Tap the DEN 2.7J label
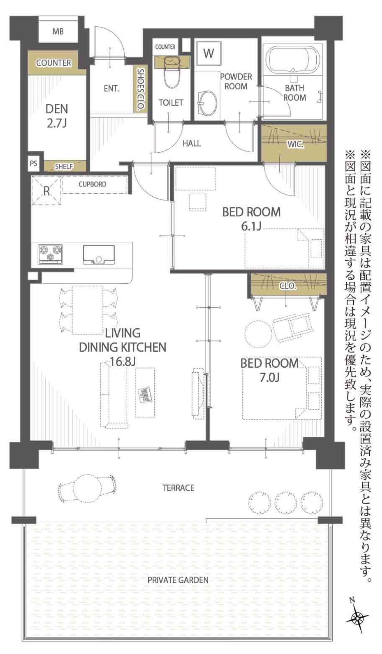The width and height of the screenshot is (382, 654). click(57, 115)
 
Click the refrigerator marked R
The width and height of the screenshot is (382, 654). click(47, 191)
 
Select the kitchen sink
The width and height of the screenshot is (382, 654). click(99, 254)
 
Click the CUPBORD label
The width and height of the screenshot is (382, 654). click(92, 184)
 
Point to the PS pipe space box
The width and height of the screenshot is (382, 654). click(33, 163)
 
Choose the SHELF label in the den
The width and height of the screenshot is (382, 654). click(64, 167)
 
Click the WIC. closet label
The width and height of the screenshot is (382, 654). click(295, 144)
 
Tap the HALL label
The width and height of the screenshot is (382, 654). click(192, 143)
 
